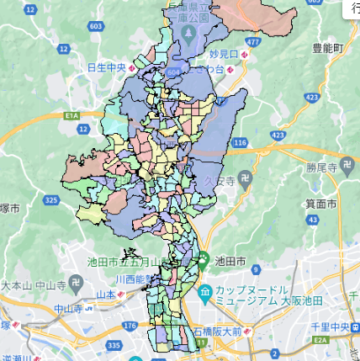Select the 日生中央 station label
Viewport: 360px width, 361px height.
coord(109,66)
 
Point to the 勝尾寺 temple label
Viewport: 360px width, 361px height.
coord(320,167)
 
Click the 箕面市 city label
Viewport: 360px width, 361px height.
coord(320,204)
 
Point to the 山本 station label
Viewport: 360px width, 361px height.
coord(105,294)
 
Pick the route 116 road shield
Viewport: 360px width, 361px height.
coord(241,144)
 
